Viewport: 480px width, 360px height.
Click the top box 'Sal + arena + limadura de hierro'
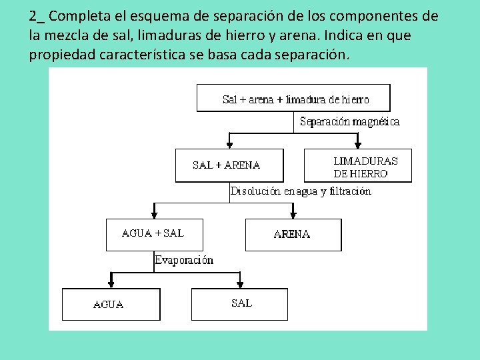(293, 98)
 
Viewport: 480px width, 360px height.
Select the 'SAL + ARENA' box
(229, 165)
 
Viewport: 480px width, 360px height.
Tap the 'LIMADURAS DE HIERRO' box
(358, 166)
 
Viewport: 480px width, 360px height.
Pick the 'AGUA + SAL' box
(155, 235)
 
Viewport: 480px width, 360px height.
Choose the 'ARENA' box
(293, 235)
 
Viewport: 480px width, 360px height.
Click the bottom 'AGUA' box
(111, 305)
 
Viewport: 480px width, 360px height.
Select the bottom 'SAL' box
(240, 304)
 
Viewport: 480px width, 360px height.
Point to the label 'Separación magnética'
(350, 122)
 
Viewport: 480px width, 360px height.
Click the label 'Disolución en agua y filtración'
(301, 191)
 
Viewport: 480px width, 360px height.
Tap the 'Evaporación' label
(184, 261)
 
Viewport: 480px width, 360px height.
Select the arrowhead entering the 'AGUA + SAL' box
(155, 214)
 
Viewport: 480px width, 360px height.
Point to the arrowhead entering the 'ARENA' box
(293, 214)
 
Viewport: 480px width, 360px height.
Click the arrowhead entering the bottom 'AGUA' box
(111, 283)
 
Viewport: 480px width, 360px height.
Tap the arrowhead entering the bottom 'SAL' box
(240, 283)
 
